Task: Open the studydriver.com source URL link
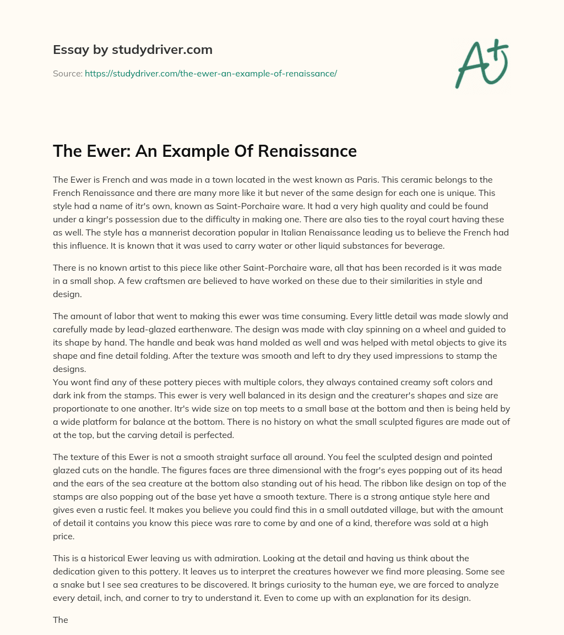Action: click(x=210, y=73)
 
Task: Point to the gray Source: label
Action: click(x=67, y=73)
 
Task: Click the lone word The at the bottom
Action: click(x=61, y=620)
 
